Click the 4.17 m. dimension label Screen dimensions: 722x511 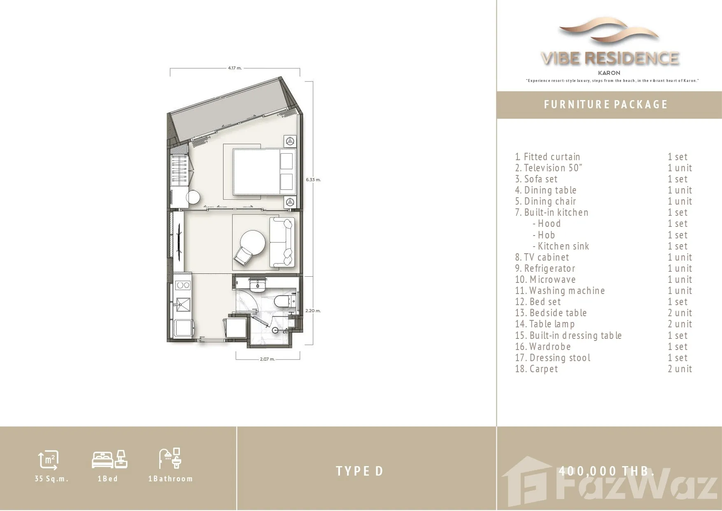pyautogui.click(x=235, y=68)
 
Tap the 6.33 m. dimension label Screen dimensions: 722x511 pyautogui.click(x=313, y=180)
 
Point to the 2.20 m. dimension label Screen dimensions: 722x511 pyautogui.click(x=313, y=310)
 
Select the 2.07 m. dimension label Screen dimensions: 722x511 pyautogui.click(x=267, y=359)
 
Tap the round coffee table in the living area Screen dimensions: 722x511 pyautogui.click(x=253, y=243)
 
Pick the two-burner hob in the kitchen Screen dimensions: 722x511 pyautogui.click(x=182, y=285)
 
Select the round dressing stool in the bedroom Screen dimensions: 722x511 pyautogui.click(x=193, y=198)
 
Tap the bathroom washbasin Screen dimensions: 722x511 pyautogui.click(x=258, y=284)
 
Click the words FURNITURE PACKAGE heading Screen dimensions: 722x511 pyautogui.click(x=606, y=105)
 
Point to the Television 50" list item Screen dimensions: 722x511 pyautogui.click(x=549, y=168)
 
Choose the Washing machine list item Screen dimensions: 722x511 pyautogui.click(x=560, y=291)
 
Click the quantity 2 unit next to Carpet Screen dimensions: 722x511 pyautogui.click(x=680, y=369)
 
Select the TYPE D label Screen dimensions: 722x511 pyautogui.click(x=360, y=471)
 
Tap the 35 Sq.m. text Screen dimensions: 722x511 pyautogui.click(x=51, y=479)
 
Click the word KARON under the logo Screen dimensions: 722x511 pyautogui.click(x=609, y=73)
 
